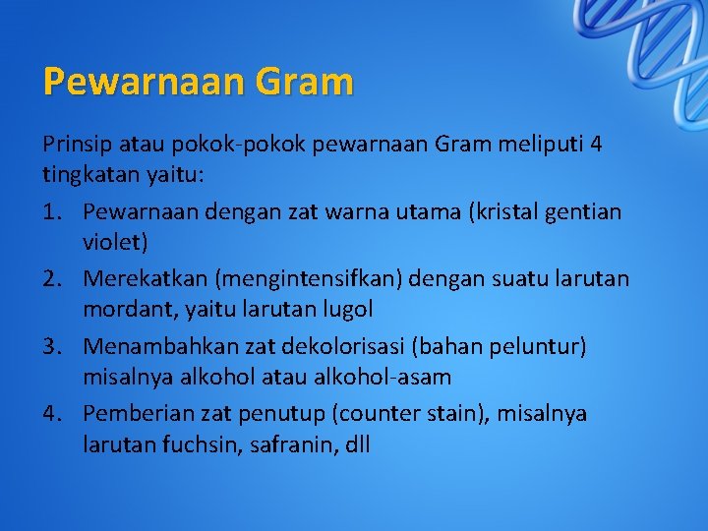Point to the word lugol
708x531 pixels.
coord(347,309)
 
